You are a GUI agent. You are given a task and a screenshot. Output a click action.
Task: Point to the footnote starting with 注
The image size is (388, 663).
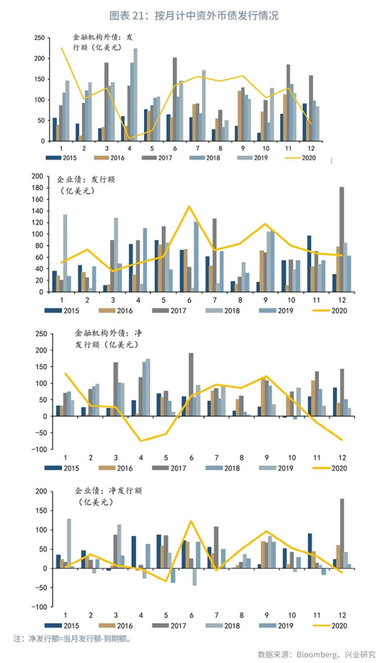coord(73,639)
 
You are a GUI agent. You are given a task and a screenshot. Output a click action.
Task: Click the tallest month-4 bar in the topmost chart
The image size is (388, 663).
coord(136,95)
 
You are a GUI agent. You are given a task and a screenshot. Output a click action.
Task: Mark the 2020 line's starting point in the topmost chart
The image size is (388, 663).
coord(61,48)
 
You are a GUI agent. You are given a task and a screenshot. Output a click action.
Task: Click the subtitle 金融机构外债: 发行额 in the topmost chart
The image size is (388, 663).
coord(103,42)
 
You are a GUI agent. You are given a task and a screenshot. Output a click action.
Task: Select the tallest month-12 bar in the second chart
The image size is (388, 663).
coord(342,239)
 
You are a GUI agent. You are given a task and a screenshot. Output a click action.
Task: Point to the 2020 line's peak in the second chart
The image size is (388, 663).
coord(189,207)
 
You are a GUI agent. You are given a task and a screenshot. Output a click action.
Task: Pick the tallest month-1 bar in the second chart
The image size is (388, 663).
coord(65,254)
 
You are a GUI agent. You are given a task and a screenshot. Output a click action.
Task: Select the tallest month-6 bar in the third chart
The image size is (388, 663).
coord(191,385)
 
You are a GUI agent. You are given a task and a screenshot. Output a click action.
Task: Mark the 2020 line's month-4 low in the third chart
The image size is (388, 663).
coord(141,441)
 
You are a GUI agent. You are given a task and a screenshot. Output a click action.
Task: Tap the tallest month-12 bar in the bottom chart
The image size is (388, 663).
coord(342,533)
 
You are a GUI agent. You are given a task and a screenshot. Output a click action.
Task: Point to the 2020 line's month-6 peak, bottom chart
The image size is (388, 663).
coord(191,521)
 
